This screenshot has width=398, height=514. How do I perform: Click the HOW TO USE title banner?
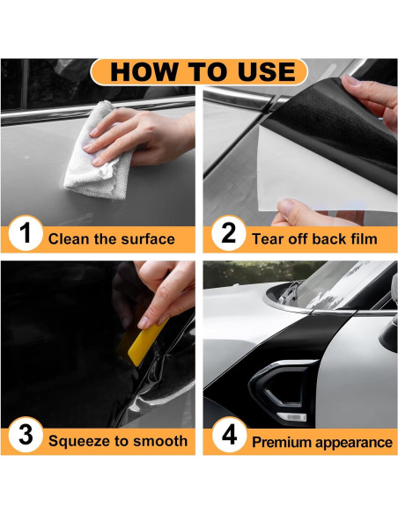point(199,72)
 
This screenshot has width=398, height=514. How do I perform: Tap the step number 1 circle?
point(26,233)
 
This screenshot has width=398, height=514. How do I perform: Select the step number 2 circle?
point(229,233)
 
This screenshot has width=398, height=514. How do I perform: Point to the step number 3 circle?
point(26,435)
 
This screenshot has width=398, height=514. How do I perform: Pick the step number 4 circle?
point(229,435)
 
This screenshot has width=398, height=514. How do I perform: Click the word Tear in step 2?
point(265,239)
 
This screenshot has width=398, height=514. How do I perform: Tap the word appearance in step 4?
point(353,443)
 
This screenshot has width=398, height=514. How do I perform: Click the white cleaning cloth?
point(95,154)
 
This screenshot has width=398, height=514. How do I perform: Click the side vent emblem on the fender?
point(282,390)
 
